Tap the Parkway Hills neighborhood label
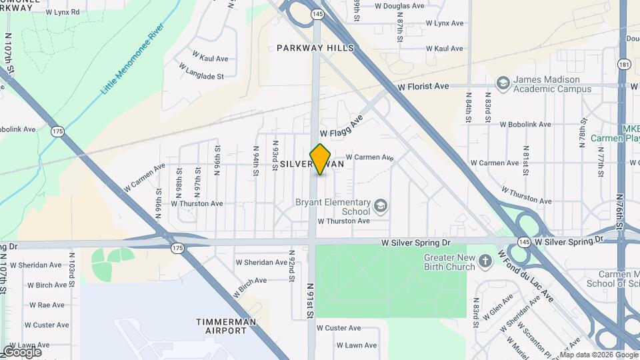click(x=315, y=48)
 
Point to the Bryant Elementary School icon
click(x=381, y=205)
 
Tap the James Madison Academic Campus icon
click(x=503, y=83)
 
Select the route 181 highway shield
click(x=624, y=64)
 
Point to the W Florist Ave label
click(x=423, y=87)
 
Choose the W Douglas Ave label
click(x=399, y=6)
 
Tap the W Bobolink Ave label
click(x=525, y=124)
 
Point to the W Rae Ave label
click(x=47, y=305)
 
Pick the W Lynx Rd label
click(x=63, y=12)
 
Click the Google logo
click(x=22, y=352)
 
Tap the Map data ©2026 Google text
click(x=598, y=355)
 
